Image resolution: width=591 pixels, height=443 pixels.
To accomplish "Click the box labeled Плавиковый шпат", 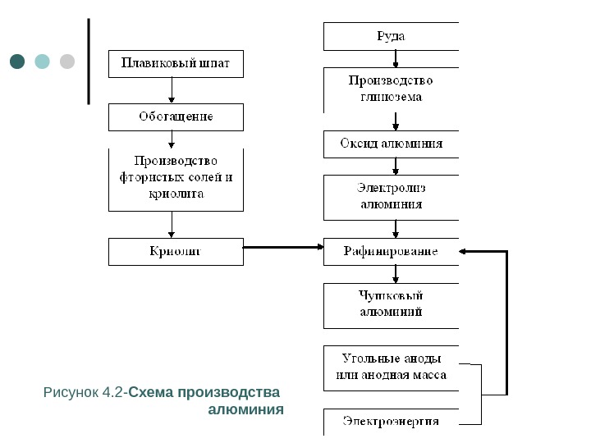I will coord(176,64).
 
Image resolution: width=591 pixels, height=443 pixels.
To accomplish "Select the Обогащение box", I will coord(176,116).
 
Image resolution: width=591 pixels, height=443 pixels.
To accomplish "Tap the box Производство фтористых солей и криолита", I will coord(176,179).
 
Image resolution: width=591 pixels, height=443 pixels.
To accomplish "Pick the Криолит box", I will coord(176,251).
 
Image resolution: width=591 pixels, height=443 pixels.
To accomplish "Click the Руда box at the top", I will coord(391,36).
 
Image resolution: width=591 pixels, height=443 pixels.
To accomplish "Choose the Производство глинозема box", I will coord(391,89).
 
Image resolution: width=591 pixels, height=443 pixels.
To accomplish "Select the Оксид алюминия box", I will coord(391,144).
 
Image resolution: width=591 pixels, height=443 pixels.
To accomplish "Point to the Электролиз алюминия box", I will coord(391,197).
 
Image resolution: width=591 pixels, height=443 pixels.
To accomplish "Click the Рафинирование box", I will coord(391,251).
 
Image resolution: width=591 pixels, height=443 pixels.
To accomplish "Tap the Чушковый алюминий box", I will coord(391,305).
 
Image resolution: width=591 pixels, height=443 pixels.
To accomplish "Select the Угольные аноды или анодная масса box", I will coord(391,368).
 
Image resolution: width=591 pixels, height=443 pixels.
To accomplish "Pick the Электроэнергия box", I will coord(391,422).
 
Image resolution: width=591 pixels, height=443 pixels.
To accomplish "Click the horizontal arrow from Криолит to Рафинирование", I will coord(283,247).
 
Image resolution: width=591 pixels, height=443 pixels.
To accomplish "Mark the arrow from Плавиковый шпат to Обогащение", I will coord(172,90).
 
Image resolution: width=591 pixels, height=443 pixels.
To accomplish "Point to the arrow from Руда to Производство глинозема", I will coord(396,59).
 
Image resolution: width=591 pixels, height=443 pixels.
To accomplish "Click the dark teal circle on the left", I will coord(18,62).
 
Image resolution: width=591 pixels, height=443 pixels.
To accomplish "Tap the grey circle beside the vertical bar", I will coord(67,62).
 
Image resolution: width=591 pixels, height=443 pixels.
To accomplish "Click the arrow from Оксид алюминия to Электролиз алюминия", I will coord(396,165).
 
